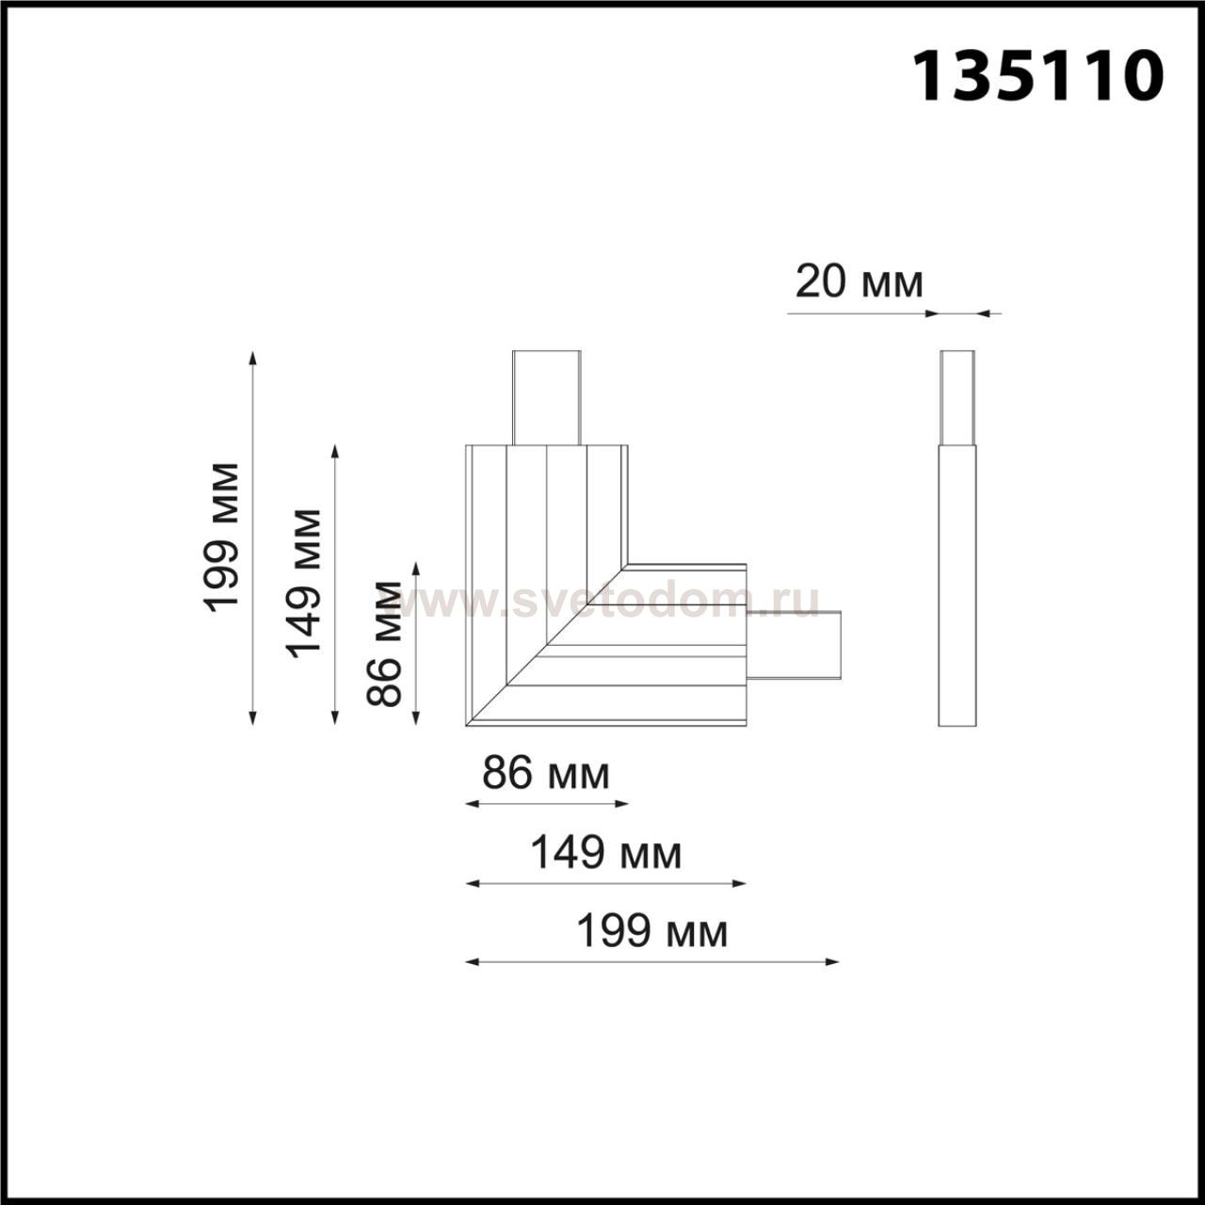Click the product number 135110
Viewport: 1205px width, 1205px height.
[1038, 76]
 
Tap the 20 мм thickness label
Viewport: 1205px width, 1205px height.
[859, 282]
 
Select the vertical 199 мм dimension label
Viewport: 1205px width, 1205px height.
[220, 538]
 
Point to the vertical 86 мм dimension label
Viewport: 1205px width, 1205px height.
[383, 644]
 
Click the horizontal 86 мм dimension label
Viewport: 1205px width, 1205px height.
[545, 774]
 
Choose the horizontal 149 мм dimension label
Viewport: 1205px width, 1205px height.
[606, 854]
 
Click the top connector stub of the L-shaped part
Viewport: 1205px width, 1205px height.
[547, 397]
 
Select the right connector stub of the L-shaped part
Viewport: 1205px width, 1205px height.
[795, 645]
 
